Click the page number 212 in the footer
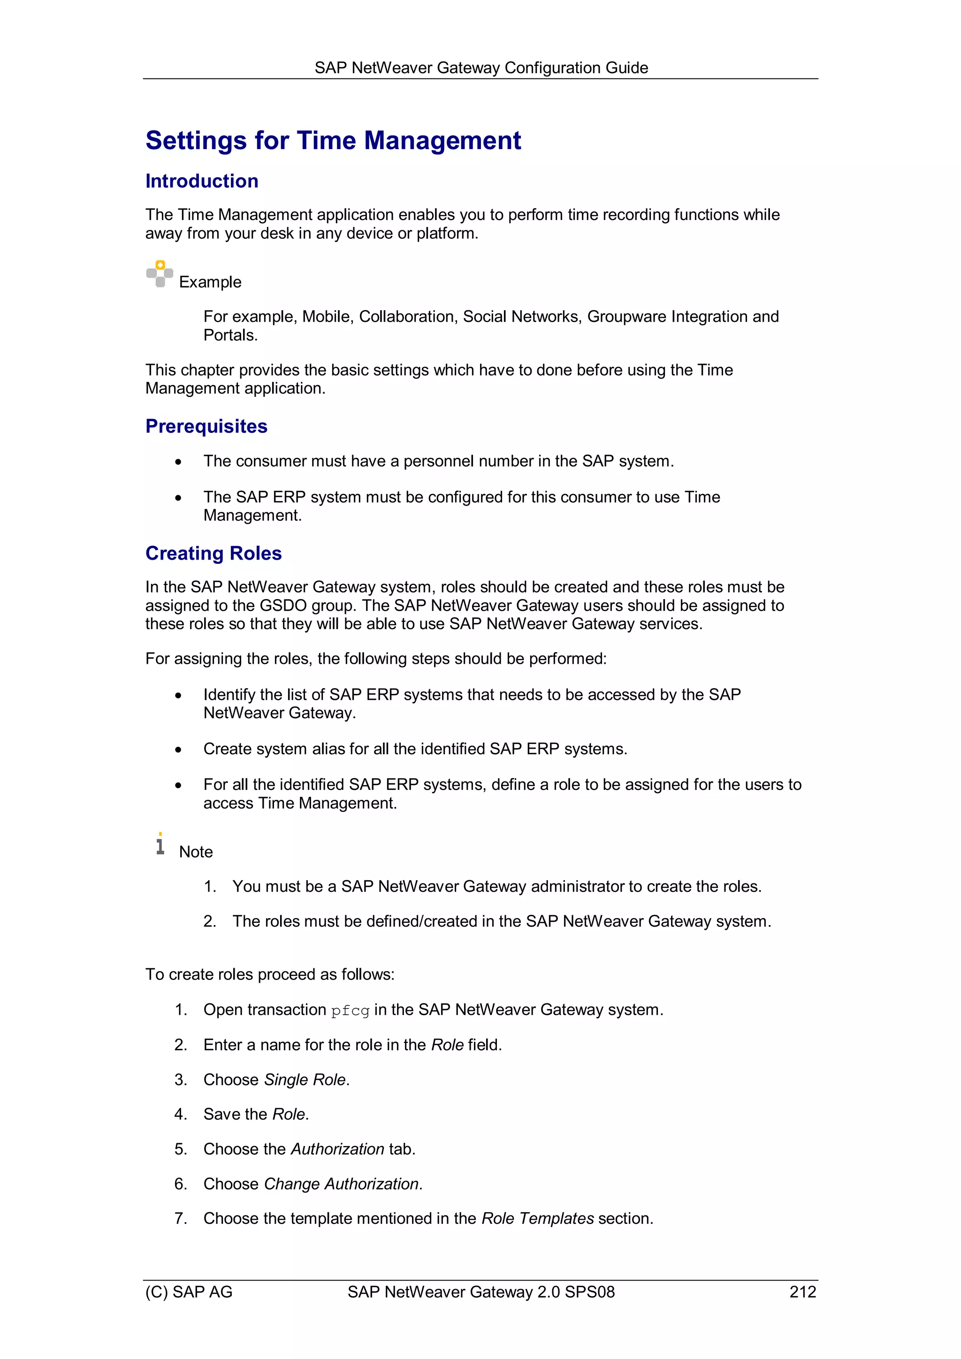[802, 1291]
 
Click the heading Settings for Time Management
[333, 141]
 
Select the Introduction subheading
[201, 181]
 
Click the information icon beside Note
[160, 844]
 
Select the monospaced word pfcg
[350, 1010]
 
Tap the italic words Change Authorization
[341, 1184]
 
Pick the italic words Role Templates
[537, 1218]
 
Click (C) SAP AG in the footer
[189, 1291]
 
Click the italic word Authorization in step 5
[337, 1149]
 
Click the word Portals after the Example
[230, 335]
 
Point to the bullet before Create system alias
[178, 750]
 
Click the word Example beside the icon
[210, 282]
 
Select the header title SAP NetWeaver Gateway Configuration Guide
[481, 68]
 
